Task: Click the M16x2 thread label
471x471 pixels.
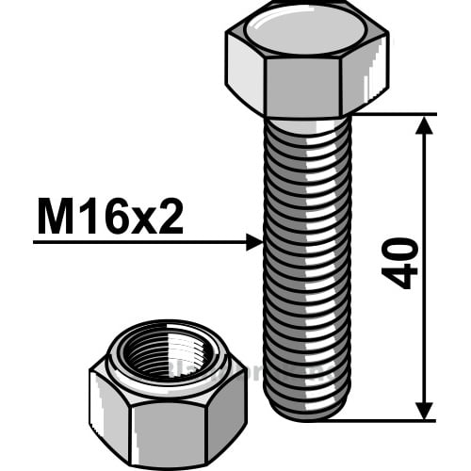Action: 110,216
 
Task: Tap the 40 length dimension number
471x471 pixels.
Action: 399,263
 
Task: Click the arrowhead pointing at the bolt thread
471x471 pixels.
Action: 254,242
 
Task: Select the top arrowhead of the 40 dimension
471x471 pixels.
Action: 424,125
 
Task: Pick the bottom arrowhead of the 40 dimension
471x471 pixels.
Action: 424,411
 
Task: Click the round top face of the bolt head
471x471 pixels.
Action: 306,30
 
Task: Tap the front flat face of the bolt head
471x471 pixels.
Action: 302,88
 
